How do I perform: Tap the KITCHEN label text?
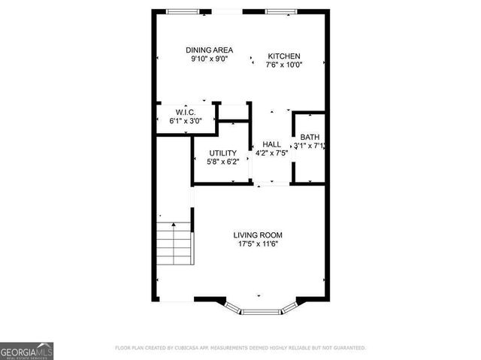pos(285,56)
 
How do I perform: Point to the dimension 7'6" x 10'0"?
pos(285,65)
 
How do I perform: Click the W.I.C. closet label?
pos(186,112)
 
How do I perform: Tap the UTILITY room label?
pos(222,153)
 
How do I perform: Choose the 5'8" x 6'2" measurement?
pos(222,162)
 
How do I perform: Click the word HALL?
pos(271,144)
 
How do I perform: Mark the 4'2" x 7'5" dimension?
pos(271,153)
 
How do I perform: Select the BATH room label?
pos(310,137)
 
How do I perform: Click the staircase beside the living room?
pos(174,243)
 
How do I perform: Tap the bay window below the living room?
pos(261,310)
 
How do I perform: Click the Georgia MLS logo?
pos(26,350)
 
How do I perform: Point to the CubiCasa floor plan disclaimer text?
pos(240,348)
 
